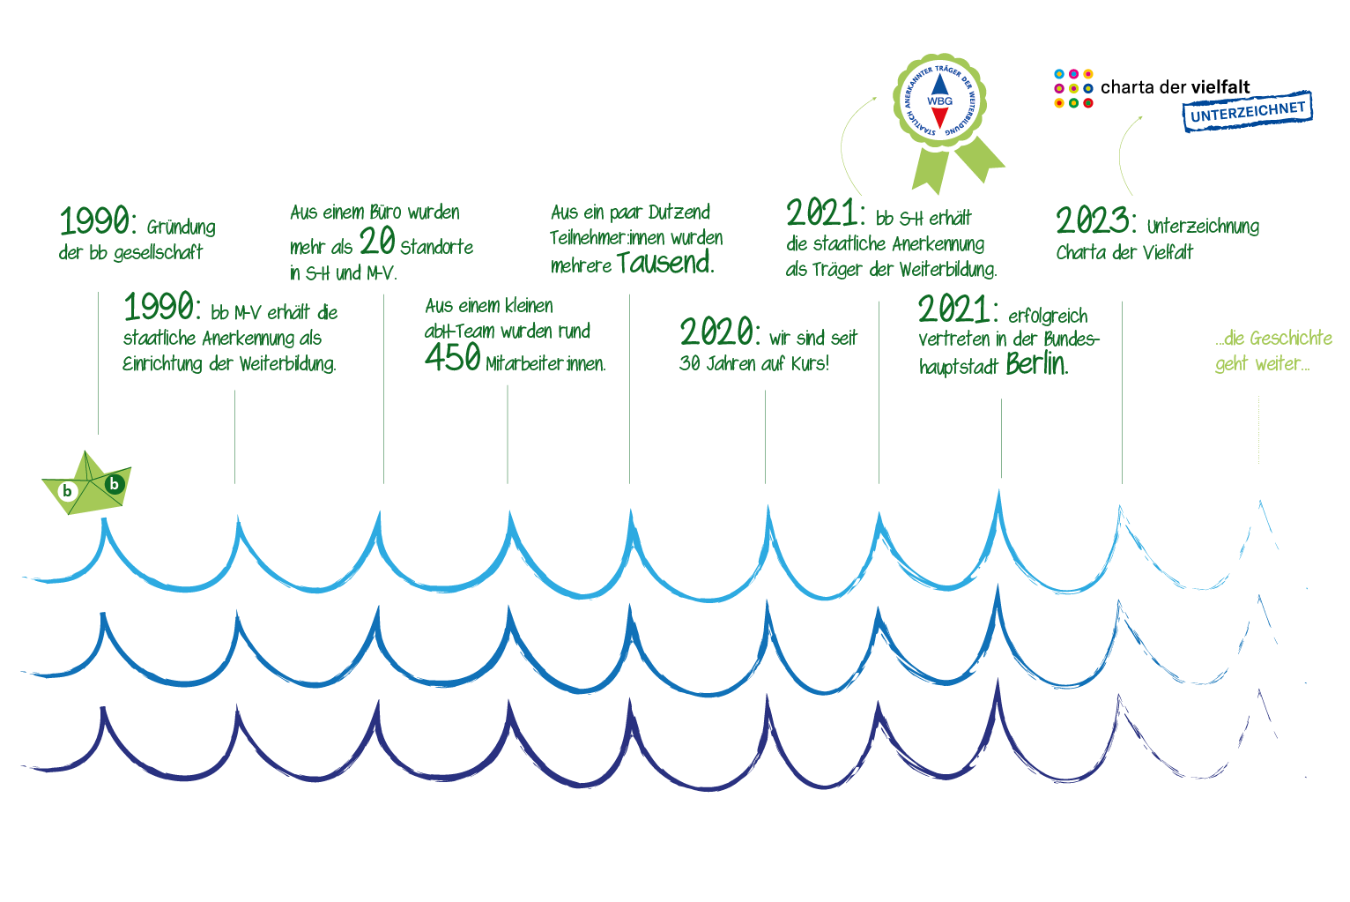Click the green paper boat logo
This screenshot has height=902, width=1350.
click(86, 484)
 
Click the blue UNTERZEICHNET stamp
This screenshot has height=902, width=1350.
click(1248, 111)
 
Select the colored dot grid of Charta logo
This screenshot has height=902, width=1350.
click(1073, 89)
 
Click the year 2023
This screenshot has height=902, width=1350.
click(1095, 220)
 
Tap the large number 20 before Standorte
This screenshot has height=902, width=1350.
click(377, 241)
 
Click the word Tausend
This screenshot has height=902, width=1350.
click(665, 263)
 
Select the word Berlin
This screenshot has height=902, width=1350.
click(1037, 364)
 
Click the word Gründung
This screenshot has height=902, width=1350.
click(181, 227)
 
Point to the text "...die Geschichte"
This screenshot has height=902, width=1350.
click(1273, 339)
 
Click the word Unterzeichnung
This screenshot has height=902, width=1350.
click(1203, 227)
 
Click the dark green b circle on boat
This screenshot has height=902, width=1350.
click(115, 483)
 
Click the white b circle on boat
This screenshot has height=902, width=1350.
click(68, 491)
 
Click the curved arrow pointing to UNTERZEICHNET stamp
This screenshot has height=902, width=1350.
click(1122, 151)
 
